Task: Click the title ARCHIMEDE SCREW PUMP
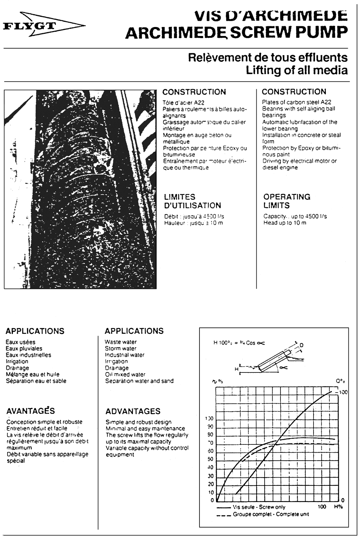click(237, 33)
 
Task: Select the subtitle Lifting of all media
click(297, 70)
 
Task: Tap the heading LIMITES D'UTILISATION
click(192, 201)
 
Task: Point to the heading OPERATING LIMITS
click(287, 201)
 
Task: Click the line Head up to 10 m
click(285, 223)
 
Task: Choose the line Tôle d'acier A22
click(183, 103)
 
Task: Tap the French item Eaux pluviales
click(24, 348)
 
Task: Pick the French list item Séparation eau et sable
click(36, 381)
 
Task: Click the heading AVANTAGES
click(31, 411)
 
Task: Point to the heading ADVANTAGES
click(133, 411)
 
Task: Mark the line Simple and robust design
click(139, 422)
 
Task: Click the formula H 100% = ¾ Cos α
click(239, 343)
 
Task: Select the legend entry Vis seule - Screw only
click(259, 507)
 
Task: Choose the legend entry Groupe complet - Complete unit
click(271, 514)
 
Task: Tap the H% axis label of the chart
click(338, 507)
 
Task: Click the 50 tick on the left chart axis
click(210, 459)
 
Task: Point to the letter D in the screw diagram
click(301, 345)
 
